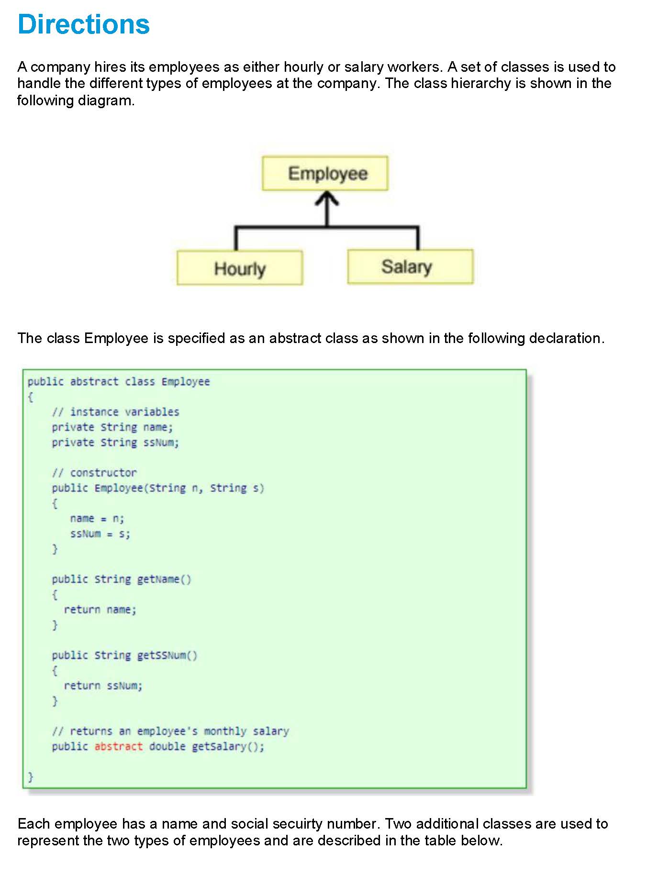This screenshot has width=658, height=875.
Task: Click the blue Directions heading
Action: click(x=83, y=24)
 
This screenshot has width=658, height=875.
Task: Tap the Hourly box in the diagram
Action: click(x=239, y=268)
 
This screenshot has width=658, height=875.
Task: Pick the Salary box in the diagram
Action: click(x=410, y=266)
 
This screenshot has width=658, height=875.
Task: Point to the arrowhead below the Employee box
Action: click(x=327, y=198)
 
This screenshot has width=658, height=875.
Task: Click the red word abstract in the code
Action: click(x=118, y=746)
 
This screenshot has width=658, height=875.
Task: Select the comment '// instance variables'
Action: click(x=115, y=412)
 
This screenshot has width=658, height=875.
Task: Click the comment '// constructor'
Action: click(x=94, y=473)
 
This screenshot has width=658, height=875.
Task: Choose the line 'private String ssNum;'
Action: click(x=115, y=443)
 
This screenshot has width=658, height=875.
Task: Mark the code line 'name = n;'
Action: click(x=97, y=519)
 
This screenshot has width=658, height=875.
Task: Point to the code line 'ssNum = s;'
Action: click(x=100, y=534)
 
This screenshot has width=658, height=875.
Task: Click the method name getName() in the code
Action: click(x=164, y=579)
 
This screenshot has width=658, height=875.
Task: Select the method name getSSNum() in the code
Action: click(x=167, y=655)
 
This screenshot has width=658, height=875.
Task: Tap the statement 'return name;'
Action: click(x=100, y=609)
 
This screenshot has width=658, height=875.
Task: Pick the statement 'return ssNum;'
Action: click(x=103, y=686)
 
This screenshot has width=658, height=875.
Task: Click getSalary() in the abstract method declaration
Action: click(x=227, y=746)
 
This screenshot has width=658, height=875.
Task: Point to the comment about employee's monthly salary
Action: click(x=170, y=731)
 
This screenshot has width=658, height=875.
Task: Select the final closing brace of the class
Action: click(x=31, y=776)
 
